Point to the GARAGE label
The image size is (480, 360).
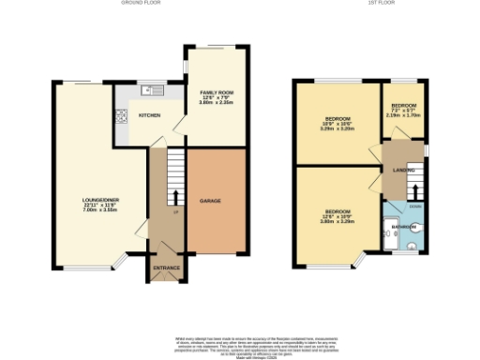[x=209, y=201]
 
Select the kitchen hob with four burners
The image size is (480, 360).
[x=121, y=117]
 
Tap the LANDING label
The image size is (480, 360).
[x=398, y=169]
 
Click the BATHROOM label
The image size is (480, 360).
[x=403, y=225]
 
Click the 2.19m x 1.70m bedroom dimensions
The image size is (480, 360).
[x=405, y=115]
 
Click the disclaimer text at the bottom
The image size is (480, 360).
[x=240, y=342]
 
